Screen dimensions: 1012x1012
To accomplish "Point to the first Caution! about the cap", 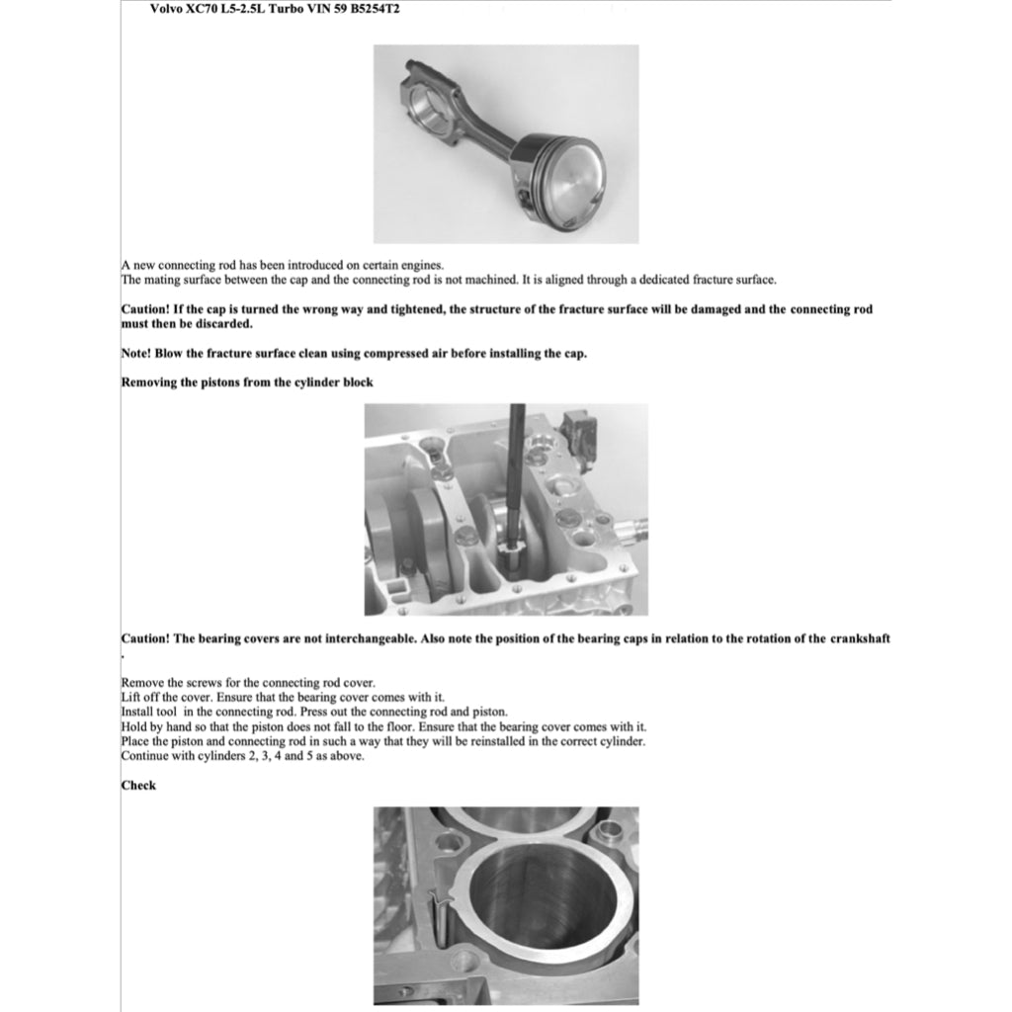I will click(x=145, y=309).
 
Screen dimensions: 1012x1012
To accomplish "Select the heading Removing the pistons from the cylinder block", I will click(x=247, y=382).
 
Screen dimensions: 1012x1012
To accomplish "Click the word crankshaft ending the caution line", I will click(x=860, y=638).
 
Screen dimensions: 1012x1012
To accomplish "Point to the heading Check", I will click(x=138, y=786).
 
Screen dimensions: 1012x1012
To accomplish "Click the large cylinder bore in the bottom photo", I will click(x=542, y=904).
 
